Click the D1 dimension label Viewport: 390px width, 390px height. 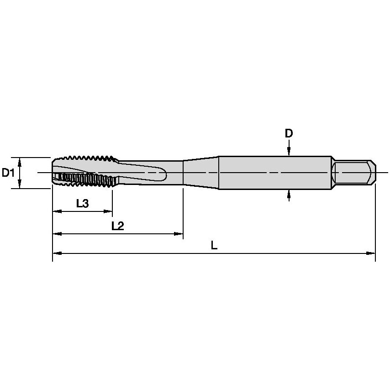(8, 173)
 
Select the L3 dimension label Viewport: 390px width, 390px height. (82, 204)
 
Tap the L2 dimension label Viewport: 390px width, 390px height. (118, 226)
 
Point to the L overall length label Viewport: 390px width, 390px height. (214, 245)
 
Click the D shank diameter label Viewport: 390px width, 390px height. (289, 133)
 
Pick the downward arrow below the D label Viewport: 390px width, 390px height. (289, 150)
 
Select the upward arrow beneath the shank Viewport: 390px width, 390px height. (289, 195)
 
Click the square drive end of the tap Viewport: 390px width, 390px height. (354, 173)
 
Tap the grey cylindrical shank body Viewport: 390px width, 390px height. (274, 173)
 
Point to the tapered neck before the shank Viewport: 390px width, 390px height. (200, 173)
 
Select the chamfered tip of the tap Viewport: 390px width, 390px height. (54, 173)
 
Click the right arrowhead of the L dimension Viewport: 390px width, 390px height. (371, 253)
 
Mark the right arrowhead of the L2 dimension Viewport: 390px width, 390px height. (179, 234)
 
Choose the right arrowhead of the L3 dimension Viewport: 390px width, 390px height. (108, 211)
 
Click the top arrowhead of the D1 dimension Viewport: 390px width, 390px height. (20, 161)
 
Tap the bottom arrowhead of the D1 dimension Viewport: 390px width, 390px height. (20, 184)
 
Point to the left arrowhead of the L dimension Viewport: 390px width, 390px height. (57, 253)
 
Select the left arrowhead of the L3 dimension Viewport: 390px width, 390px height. (57, 211)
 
